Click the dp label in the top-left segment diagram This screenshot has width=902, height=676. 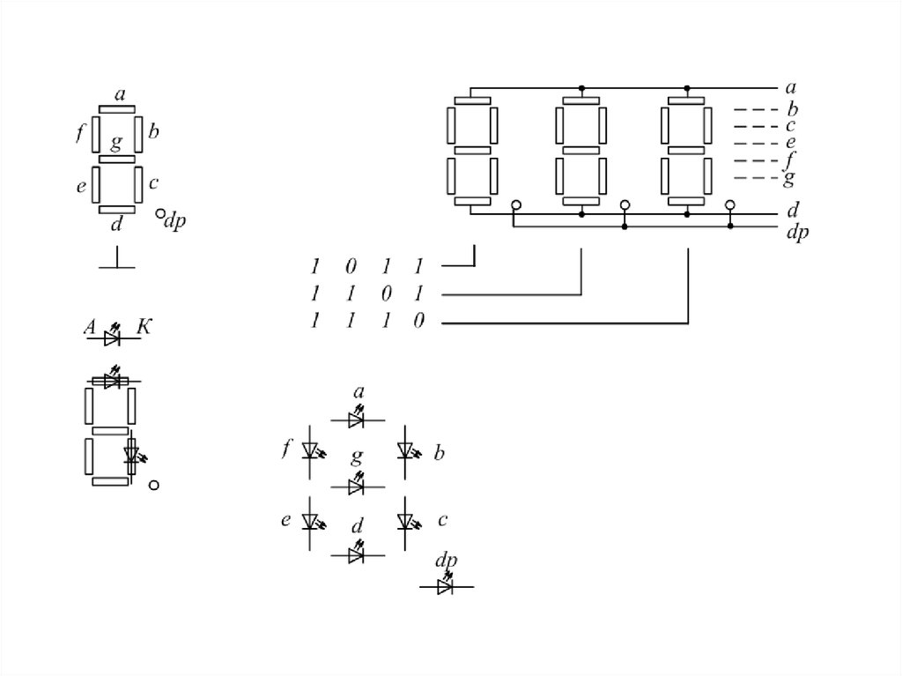pyautogui.click(x=175, y=221)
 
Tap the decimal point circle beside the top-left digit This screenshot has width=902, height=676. pyautogui.click(x=160, y=213)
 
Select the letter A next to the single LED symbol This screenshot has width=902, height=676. pyautogui.click(x=90, y=327)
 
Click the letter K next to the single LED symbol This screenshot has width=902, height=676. pyautogui.click(x=144, y=327)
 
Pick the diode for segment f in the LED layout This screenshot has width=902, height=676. pyautogui.click(x=311, y=451)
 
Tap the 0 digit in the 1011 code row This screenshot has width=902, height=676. pyautogui.click(x=351, y=266)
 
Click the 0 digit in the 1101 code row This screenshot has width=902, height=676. pyautogui.click(x=386, y=293)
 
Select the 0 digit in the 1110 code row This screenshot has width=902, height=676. pyautogui.click(x=419, y=320)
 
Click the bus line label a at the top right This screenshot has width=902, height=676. pyautogui.click(x=791, y=87)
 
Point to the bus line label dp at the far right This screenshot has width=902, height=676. pyautogui.click(x=797, y=233)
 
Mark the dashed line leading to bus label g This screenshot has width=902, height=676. pyautogui.click(x=756, y=178)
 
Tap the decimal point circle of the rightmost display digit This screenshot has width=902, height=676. pyautogui.click(x=730, y=205)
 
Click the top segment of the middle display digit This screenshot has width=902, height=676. pyautogui.click(x=581, y=100)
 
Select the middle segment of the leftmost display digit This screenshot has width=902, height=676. pyautogui.click(x=473, y=151)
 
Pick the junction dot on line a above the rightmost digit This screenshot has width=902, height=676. pyautogui.click(x=687, y=88)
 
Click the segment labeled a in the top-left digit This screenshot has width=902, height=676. pyautogui.click(x=117, y=108)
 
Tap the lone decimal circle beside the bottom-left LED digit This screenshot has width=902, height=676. pyautogui.click(x=153, y=485)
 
